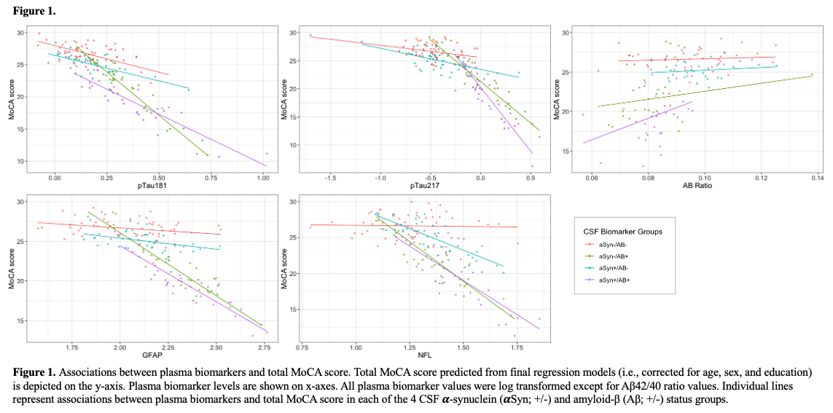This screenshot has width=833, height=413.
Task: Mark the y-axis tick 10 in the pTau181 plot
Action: [x=22, y=161]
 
